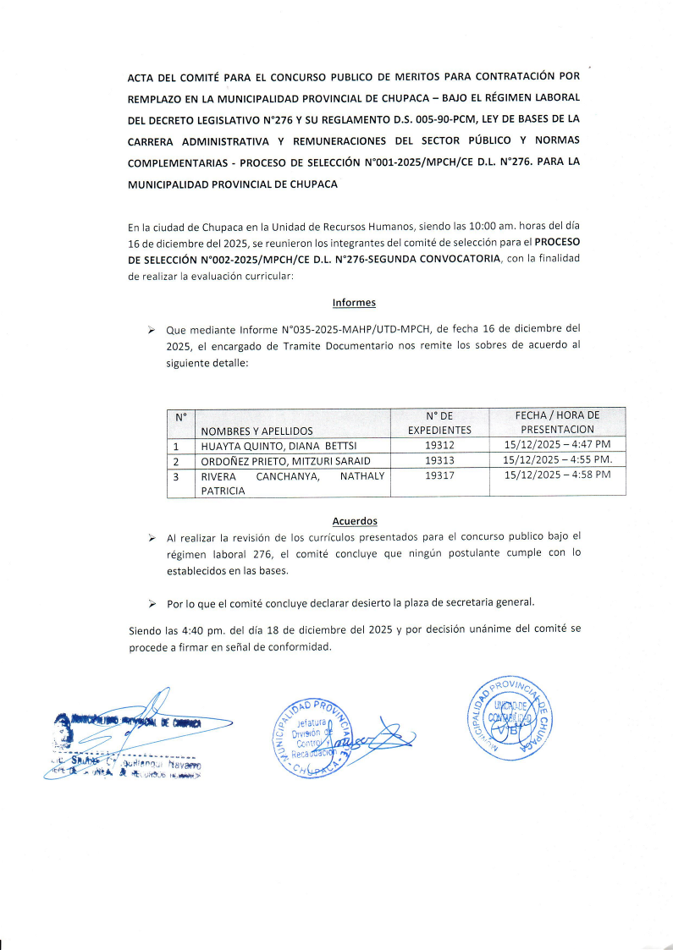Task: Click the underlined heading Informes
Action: (354, 302)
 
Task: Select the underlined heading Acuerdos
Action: (355, 521)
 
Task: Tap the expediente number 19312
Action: (439, 445)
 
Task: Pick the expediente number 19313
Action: (439, 460)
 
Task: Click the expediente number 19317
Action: (439, 475)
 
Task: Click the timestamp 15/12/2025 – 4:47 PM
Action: (557, 445)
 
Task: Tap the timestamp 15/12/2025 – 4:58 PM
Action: (557, 475)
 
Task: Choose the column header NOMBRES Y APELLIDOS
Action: (257, 431)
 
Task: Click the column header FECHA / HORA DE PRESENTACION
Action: (557, 422)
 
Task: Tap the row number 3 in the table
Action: (176, 476)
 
